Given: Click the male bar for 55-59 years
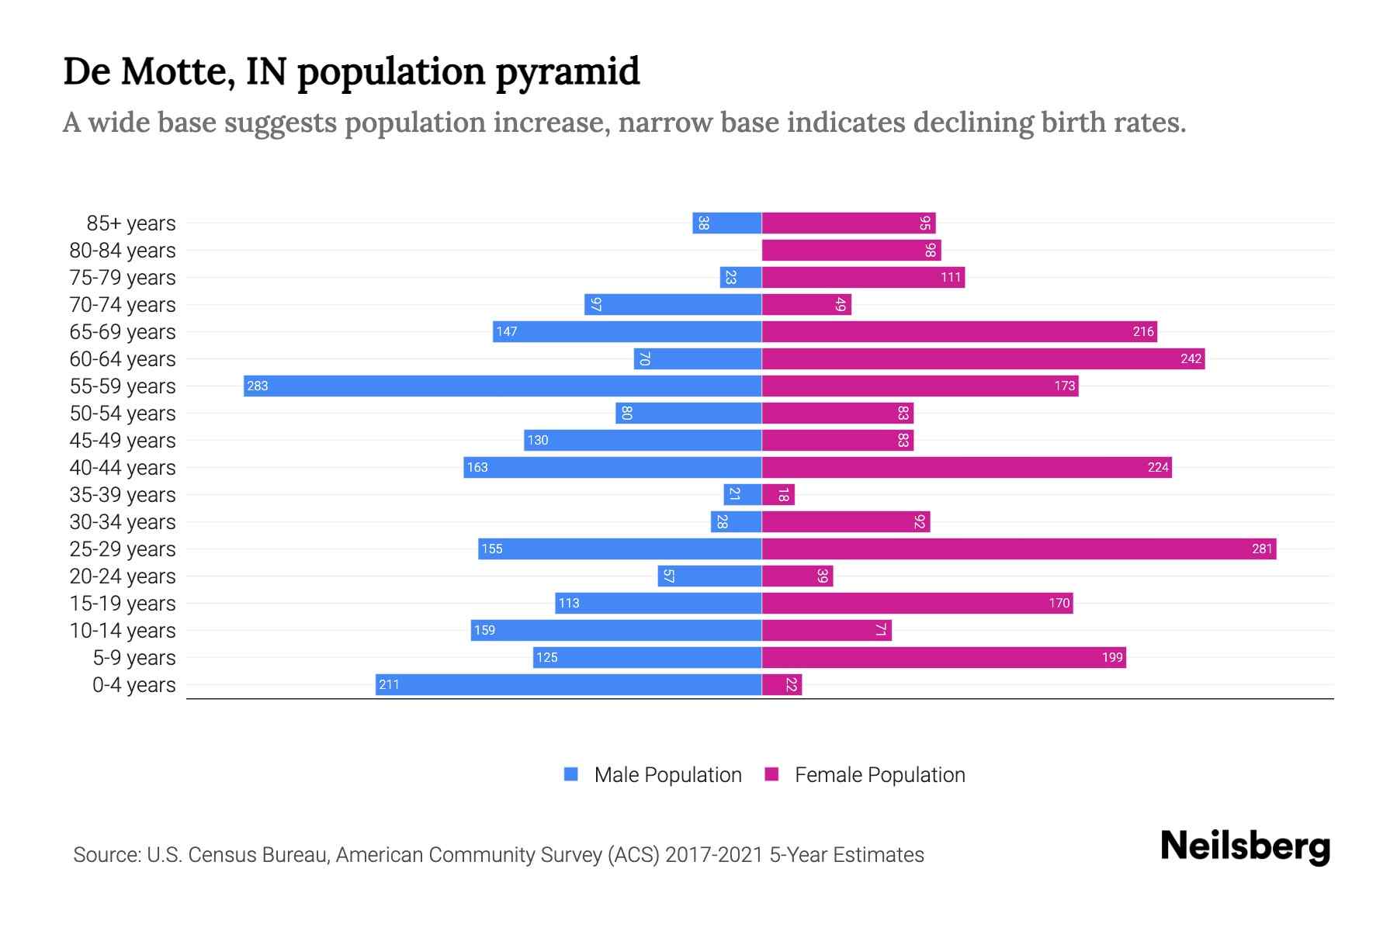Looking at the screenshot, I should [x=502, y=386].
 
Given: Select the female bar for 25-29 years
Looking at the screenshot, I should [x=1018, y=549].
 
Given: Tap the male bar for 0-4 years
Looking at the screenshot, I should [x=568, y=684].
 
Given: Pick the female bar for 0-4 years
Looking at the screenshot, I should [x=782, y=684].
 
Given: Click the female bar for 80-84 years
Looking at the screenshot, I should [x=851, y=250].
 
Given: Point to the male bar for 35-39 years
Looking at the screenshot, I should [x=742, y=494].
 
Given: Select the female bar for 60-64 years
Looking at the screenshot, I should [x=983, y=358].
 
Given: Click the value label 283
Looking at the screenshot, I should [x=257, y=386].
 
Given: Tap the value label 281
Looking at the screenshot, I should [x=1262, y=549].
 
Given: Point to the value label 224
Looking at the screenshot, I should [x=1158, y=467].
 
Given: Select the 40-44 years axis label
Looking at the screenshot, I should [x=123, y=468].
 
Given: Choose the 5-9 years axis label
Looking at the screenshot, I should [x=133, y=658].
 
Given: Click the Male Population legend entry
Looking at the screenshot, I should [x=667, y=774].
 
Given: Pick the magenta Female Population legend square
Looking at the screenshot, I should [x=771, y=774].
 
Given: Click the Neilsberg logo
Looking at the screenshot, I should [x=1245, y=846].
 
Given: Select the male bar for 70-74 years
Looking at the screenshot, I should [x=672, y=304].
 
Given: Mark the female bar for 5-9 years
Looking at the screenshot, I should [x=943, y=657].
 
